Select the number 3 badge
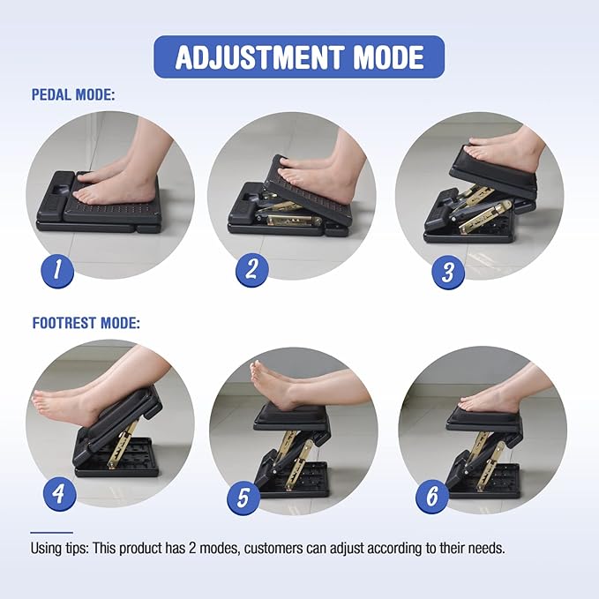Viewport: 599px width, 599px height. click(447, 272)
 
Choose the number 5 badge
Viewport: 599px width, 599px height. click(243, 499)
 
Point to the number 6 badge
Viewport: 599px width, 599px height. click(431, 497)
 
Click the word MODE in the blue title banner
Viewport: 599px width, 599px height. click(388, 57)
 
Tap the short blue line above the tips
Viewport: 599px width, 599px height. click(51, 533)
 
